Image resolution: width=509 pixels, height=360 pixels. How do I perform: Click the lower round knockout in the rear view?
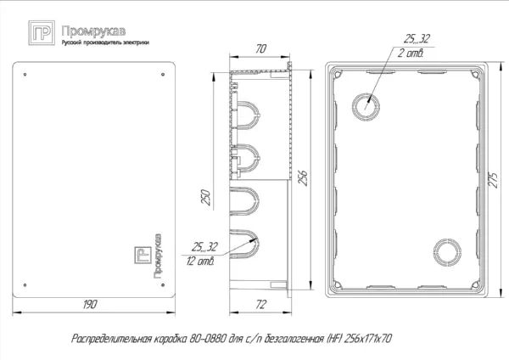point(446,251)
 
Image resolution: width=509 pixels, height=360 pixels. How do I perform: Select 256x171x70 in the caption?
point(367,338)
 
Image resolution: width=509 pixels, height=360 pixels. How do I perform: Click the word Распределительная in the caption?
point(108,338)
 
